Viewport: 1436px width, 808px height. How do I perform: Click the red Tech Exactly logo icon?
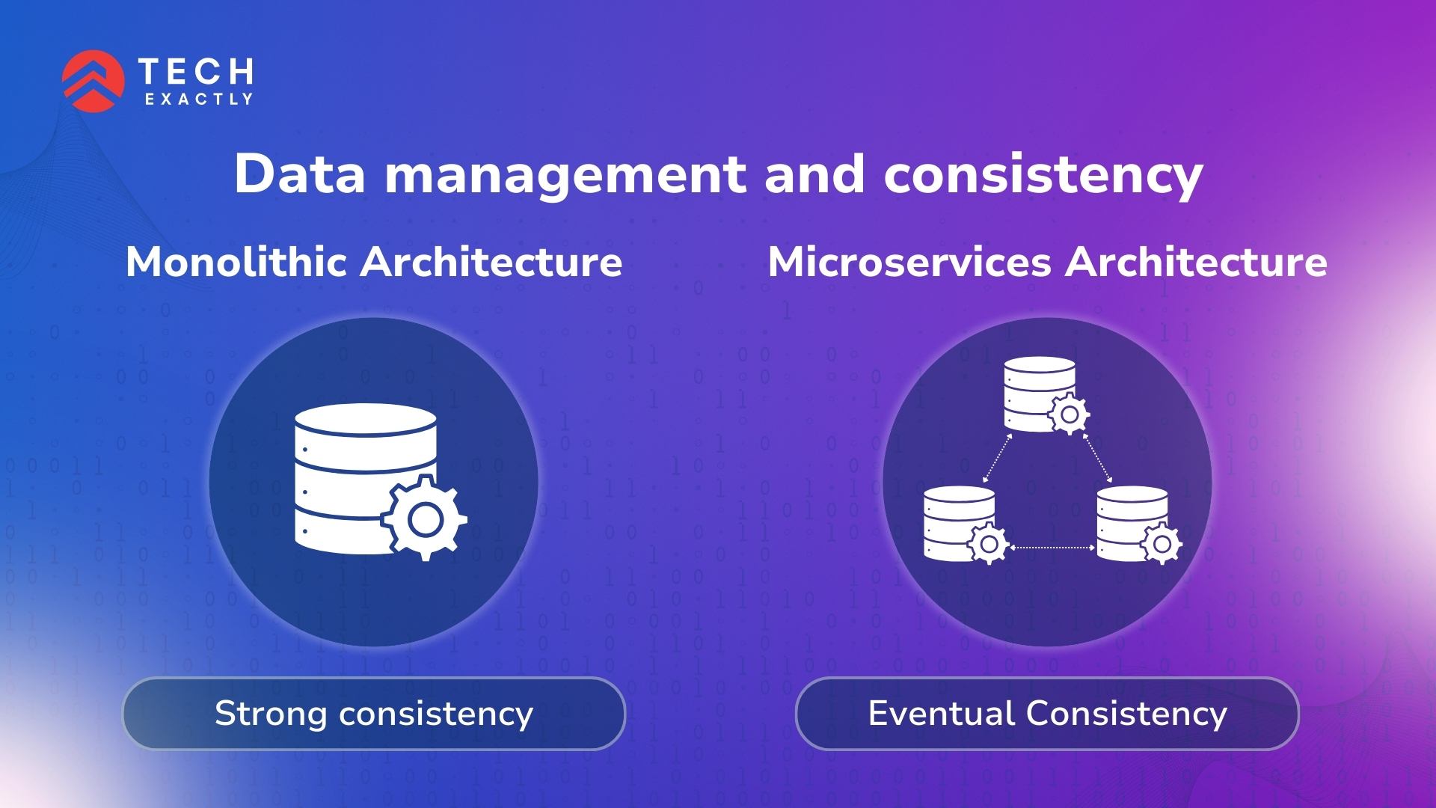pos(93,81)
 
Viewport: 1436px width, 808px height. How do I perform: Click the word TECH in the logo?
pos(196,73)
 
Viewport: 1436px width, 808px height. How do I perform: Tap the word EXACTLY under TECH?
pos(199,100)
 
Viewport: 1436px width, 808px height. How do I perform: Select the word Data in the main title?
pos(300,174)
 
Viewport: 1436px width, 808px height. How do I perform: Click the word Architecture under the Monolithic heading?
pos(492,262)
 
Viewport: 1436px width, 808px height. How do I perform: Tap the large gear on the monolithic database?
pos(425,518)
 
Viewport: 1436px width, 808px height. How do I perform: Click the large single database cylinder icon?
pos(366,479)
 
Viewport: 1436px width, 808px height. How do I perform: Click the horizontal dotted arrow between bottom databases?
pos(1052,548)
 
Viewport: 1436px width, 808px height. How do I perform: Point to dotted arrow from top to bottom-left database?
pos(997,458)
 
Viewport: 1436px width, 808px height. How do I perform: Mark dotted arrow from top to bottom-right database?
pos(1097,458)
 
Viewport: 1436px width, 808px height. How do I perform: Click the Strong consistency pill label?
pos(374,714)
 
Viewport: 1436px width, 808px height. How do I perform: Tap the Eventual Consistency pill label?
pos(1047,714)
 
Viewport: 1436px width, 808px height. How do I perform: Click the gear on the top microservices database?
pos(1070,414)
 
